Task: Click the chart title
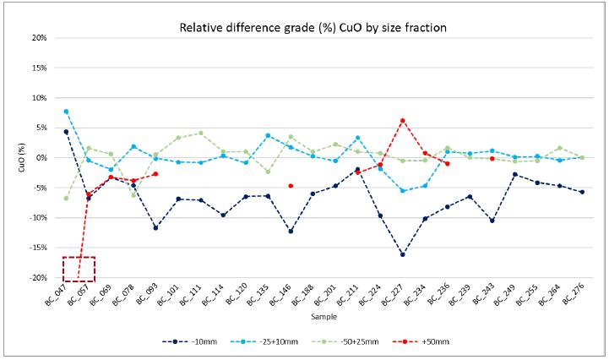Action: point(313,28)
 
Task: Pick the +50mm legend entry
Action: point(436,341)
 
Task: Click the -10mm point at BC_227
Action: point(402,254)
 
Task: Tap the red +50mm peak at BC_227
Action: point(402,121)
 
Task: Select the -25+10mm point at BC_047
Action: point(66,112)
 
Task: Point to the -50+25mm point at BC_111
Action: point(200,133)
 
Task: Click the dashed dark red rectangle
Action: point(79,269)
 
